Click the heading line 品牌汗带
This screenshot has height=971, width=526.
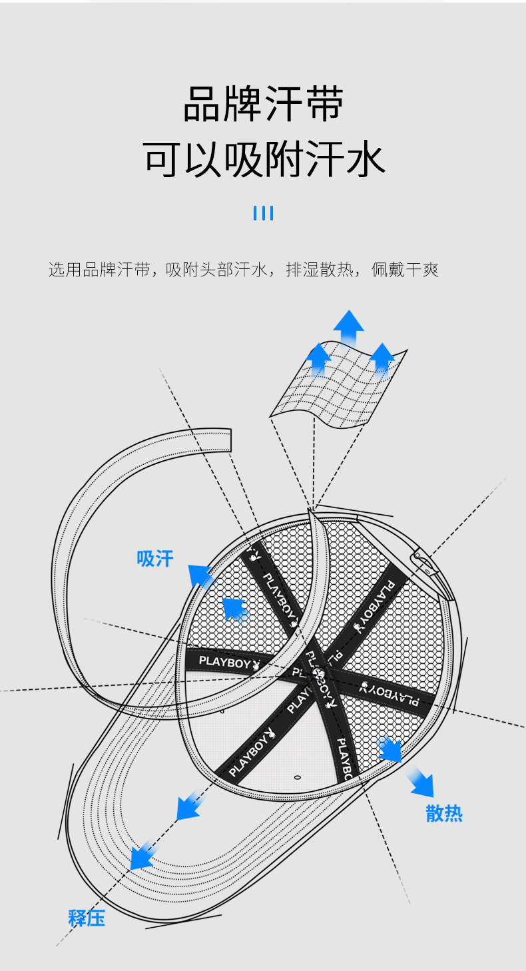tap(263, 104)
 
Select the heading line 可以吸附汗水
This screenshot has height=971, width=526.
tap(264, 160)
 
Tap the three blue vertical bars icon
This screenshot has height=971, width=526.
tap(264, 213)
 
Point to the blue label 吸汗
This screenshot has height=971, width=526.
tap(155, 558)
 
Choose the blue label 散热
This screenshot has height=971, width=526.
tap(444, 813)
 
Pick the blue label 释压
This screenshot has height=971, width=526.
tap(87, 918)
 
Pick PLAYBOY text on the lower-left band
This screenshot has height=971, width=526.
tap(248, 755)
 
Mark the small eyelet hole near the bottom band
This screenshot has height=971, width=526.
tap(297, 777)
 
